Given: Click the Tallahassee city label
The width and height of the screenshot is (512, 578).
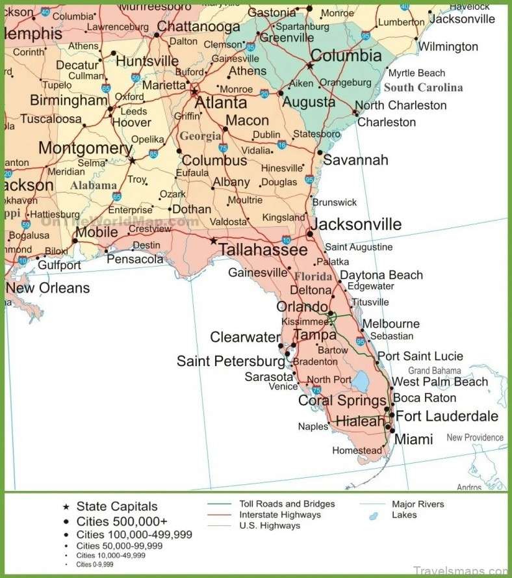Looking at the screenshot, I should pyautogui.click(x=262, y=250).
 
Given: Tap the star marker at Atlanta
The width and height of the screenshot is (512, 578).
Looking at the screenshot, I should pyautogui.click(x=194, y=92).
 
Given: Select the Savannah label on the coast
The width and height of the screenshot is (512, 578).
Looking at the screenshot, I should pyautogui.click(x=355, y=160).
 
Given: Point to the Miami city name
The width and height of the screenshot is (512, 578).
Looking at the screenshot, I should pyautogui.click(x=413, y=440).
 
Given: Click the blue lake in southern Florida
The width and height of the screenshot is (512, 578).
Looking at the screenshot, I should pyautogui.click(x=360, y=382).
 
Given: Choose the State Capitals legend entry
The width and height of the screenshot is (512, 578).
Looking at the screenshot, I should pyautogui.click(x=116, y=506).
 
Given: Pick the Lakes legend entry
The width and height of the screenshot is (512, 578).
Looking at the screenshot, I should pyautogui.click(x=403, y=515).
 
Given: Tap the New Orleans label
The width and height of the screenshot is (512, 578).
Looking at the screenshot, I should pyautogui.click(x=47, y=287).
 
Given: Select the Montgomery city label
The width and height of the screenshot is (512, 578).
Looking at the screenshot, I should pyautogui.click(x=85, y=148).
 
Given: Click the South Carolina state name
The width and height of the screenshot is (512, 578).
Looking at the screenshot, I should pyautogui.click(x=423, y=88).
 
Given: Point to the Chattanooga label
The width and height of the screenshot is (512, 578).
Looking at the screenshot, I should pyautogui.click(x=198, y=27).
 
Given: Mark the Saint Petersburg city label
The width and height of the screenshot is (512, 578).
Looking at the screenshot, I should pyautogui.click(x=231, y=361).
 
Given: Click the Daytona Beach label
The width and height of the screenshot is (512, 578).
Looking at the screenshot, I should pyautogui.click(x=381, y=275).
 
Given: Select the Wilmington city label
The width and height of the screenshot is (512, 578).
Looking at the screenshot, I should pyautogui.click(x=448, y=47).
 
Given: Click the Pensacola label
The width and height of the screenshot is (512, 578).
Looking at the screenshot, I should pyautogui.click(x=135, y=259).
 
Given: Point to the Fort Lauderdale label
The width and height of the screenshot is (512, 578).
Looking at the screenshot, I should pyautogui.click(x=447, y=416).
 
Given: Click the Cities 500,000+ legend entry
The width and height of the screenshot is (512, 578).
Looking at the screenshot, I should pyautogui.click(x=122, y=521).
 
